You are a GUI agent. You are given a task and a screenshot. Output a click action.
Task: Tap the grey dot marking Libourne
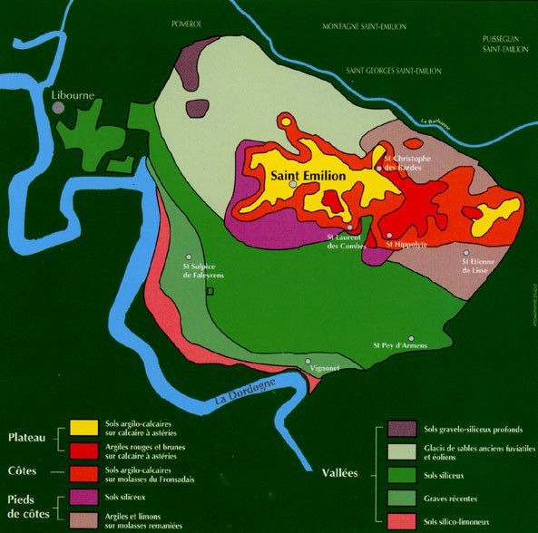click(x=58, y=108)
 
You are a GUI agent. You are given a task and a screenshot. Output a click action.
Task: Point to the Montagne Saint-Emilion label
click(x=353, y=27)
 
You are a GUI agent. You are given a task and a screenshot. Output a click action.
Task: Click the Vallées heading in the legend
click(x=342, y=472)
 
